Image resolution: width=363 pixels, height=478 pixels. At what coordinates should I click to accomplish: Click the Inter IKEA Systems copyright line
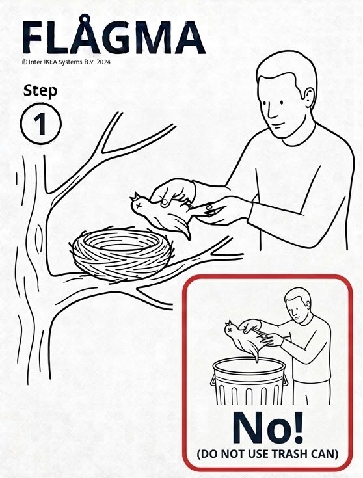66,62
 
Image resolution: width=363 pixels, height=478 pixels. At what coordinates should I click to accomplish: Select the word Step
40,91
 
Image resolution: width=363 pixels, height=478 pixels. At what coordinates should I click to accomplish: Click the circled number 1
41,124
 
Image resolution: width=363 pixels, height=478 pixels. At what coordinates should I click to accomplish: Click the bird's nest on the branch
122,253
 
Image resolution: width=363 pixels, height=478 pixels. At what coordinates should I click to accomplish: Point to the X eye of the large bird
139,205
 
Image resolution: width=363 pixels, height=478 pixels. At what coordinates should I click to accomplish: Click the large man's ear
309,98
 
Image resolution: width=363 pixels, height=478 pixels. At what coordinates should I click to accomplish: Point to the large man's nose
271,113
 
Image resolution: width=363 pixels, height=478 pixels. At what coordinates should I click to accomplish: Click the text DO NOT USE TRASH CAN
267,454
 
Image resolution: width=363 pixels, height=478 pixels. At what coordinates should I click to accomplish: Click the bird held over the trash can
246,339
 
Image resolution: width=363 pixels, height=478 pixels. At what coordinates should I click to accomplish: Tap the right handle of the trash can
285,380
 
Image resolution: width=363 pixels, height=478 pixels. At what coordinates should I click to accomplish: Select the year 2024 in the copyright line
103,62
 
